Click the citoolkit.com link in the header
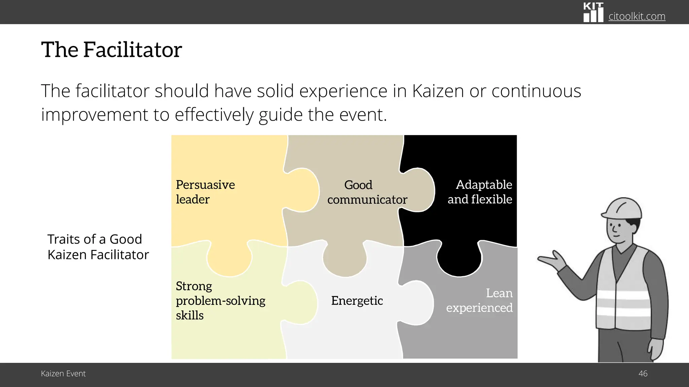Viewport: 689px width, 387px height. [x=637, y=16]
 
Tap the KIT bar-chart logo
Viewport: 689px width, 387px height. [x=593, y=13]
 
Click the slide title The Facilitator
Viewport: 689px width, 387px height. [x=111, y=50]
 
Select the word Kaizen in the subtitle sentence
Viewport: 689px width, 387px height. [x=438, y=91]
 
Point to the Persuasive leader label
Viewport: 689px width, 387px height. [x=205, y=192]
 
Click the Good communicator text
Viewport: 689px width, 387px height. [x=367, y=192]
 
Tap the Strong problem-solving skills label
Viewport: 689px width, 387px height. [x=220, y=301]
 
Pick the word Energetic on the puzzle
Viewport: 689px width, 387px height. [x=357, y=301]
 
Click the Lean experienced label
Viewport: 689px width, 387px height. [x=480, y=300]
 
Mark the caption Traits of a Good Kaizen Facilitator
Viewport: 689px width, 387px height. [x=98, y=247]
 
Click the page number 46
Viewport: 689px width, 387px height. [x=643, y=374]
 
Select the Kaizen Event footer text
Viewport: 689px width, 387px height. [x=63, y=374]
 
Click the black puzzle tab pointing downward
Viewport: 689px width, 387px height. [x=459, y=260]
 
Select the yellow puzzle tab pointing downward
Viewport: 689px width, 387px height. [x=229, y=260]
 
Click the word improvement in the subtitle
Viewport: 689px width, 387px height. [x=95, y=115]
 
